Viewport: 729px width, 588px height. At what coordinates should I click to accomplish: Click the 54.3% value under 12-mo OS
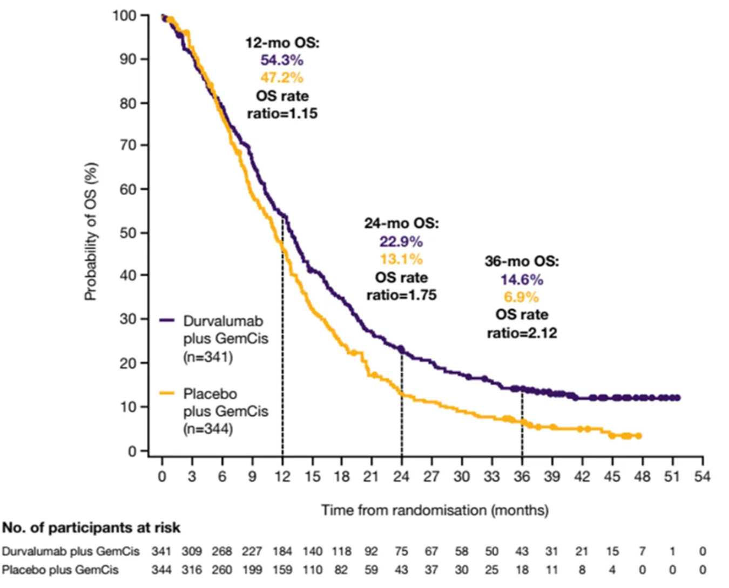click(x=282, y=60)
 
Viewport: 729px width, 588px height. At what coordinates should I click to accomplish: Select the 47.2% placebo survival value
click(x=282, y=78)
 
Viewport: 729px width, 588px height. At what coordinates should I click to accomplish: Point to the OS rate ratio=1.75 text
click(x=401, y=286)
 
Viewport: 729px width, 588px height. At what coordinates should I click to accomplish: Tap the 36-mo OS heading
click(x=522, y=262)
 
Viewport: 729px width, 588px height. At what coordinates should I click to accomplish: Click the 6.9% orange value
click(x=521, y=297)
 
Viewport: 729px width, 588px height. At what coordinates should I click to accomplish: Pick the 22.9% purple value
click(x=401, y=242)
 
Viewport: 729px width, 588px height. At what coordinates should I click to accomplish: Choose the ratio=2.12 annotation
click(x=522, y=333)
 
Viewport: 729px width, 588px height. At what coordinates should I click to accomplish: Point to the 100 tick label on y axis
click(x=124, y=15)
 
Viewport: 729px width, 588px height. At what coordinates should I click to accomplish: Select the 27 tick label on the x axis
click(x=431, y=477)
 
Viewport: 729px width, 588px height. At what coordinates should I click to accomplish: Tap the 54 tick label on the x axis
click(x=702, y=477)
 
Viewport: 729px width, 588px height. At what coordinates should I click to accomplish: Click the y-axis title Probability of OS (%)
click(x=91, y=231)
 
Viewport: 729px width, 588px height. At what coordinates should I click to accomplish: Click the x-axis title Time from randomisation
click(x=435, y=510)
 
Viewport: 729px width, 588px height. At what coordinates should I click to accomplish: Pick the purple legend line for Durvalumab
click(x=167, y=320)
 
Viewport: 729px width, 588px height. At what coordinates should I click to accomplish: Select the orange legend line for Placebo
click(x=167, y=393)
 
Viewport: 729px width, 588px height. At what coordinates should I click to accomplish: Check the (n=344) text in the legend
click(x=208, y=429)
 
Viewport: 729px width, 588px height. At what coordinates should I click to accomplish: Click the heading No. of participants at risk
click(x=91, y=528)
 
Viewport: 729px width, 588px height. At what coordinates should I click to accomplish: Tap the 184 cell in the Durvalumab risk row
click(x=282, y=551)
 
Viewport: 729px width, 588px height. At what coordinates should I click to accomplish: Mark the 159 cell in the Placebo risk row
click(x=282, y=570)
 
